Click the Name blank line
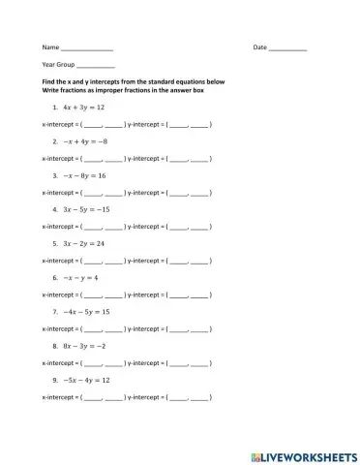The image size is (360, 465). [x=87, y=48]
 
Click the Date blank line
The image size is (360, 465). [x=287, y=48]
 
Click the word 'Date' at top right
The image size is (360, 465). [x=259, y=47]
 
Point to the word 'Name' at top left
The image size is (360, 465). [x=50, y=47]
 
